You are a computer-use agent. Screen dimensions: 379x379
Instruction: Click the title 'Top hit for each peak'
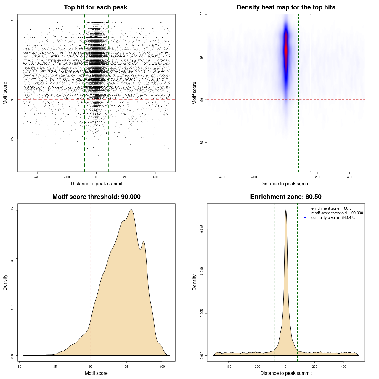coord(95,7)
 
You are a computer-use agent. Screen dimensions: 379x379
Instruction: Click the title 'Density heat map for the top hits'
coord(286,7)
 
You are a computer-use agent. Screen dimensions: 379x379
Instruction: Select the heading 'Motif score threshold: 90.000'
coord(96,197)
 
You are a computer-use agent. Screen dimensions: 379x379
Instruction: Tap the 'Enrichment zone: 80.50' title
coord(286,197)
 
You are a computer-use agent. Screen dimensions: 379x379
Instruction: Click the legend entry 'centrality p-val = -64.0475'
coord(333,218)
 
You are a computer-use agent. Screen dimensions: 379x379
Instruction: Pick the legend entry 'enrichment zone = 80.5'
coord(331,208)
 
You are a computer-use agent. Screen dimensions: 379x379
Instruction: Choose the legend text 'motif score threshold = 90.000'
coord(337,213)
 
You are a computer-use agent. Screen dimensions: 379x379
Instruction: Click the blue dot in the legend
coord(305,218)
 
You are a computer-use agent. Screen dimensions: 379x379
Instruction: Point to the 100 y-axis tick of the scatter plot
coord(12,20)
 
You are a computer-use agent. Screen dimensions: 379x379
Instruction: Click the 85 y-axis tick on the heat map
coord(202,143)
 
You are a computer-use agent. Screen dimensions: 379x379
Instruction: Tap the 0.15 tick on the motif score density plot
coord(12,210)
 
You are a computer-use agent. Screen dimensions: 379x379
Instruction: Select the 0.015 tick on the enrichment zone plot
coord(202,229)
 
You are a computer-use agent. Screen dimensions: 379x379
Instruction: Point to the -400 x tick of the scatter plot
coord(37,177)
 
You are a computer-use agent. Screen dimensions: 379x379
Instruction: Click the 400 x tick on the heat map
coord(349,177)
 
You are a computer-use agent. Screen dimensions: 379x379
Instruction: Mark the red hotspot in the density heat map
coord(286,47)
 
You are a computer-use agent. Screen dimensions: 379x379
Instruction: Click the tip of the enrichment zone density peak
coord(286,210)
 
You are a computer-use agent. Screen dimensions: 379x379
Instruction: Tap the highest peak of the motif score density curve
coord(131,210)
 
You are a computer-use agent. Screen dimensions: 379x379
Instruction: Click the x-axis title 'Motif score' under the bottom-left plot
coord(96,373)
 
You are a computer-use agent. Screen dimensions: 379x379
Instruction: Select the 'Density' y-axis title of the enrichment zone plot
coord(195,282)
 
